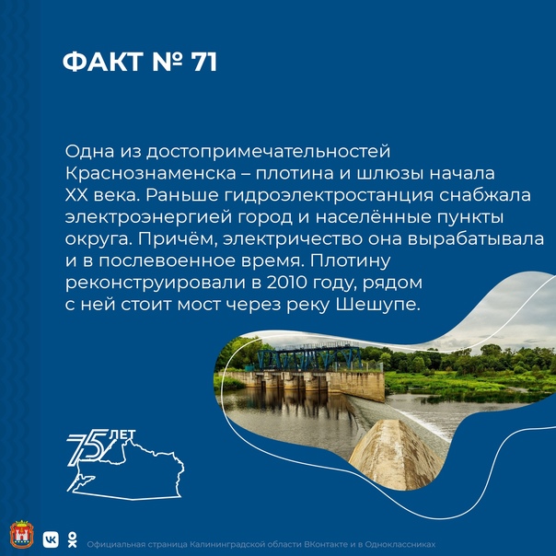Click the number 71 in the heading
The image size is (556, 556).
[203, 62]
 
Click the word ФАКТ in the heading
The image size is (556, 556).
[103, 62]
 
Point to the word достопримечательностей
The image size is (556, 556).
[269, 152]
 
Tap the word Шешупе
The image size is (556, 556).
[377, 305]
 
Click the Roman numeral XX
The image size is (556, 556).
[76, 195]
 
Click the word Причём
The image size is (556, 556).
[178, 239]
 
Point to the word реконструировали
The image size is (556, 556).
[156, 284]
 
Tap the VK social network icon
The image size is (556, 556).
[51, 539]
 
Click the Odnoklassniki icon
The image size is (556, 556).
[73, 539]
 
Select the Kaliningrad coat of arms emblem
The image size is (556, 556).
[21, 535]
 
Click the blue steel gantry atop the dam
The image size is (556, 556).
[309, 357]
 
